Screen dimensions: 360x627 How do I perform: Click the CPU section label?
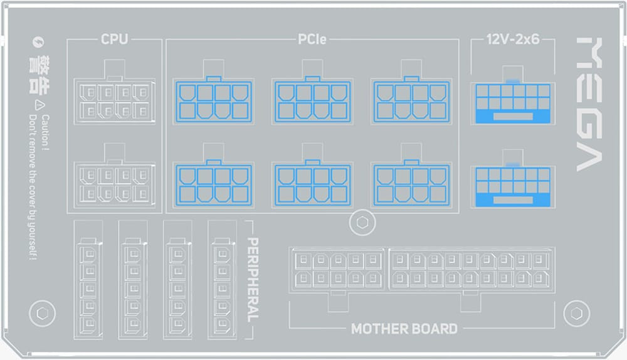coord(114,40)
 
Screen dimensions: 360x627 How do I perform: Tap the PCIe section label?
coord(311,40)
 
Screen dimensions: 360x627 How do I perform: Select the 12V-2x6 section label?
coord(512,40)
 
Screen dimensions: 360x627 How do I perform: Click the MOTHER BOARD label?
coord(404,328)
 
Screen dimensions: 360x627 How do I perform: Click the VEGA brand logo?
coord(589,104)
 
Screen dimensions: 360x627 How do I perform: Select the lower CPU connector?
coord(114,183)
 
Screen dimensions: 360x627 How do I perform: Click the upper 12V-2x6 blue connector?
coord(512,103)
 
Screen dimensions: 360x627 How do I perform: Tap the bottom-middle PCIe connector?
coord(312,183)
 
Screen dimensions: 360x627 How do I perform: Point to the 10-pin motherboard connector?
coord(337,268)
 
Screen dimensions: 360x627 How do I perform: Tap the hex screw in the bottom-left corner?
coord(43,313)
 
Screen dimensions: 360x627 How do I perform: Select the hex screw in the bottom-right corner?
coord(576,313)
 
